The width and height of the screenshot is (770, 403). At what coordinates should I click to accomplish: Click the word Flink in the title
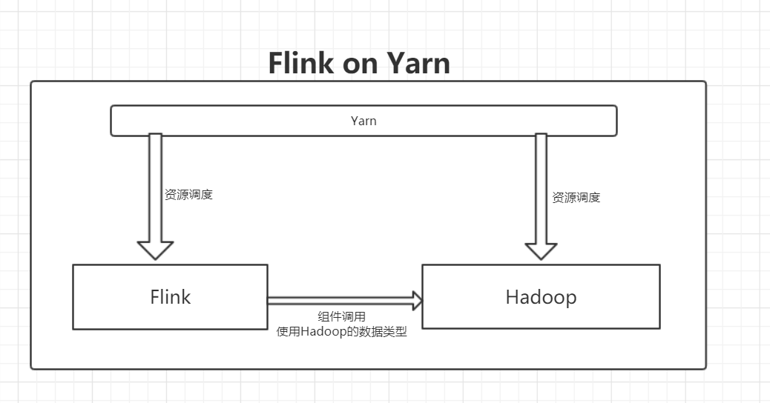pos(301,63)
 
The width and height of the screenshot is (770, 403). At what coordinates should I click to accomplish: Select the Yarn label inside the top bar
pos(363,121)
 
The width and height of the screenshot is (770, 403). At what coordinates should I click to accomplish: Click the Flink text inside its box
pos(170,297)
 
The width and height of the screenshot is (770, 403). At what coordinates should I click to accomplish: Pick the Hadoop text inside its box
pos(541,297)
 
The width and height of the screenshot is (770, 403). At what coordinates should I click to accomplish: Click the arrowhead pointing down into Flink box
pos(155,250)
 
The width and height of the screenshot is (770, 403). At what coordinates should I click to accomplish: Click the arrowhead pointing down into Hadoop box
pos(541,250)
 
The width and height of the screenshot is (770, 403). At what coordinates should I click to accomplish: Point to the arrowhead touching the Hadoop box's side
pos(417,300)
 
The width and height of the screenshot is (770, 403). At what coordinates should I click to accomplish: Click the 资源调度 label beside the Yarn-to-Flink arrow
pos(188,195)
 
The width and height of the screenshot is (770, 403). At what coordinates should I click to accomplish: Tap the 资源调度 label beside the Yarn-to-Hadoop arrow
pos(576,198)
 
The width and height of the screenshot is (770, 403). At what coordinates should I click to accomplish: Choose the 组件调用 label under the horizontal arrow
pos(341,318)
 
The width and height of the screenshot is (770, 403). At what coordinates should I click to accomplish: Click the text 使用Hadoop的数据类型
pos(341,332)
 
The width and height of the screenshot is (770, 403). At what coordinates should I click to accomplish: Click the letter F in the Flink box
pos(154,297)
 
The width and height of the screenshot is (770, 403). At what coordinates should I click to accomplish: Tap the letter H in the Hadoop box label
pos(513,297)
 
